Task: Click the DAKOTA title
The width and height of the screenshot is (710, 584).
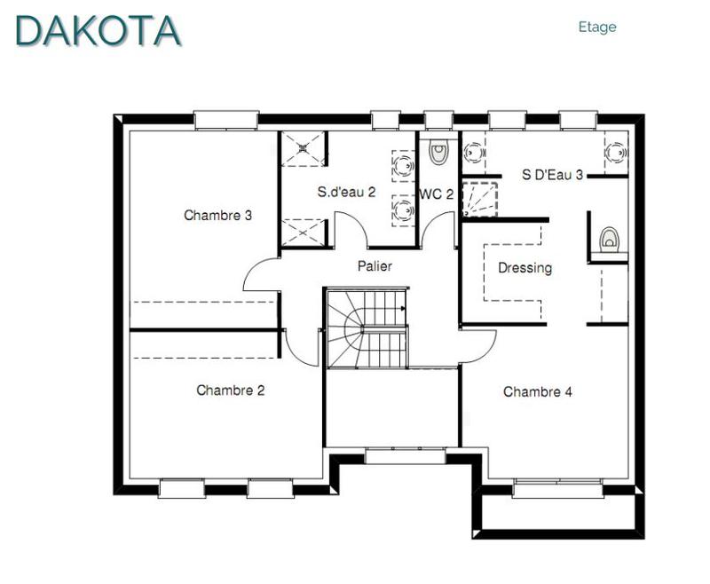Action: [x=99, y=29]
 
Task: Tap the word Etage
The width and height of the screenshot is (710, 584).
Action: [x=596, y=27]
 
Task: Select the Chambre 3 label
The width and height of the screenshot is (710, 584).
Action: [x=218, y=215]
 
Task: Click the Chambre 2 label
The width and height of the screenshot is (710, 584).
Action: [x=231, y=390]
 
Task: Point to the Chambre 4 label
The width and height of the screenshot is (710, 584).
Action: [x=532, y=391]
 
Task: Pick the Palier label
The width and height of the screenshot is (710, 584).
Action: [x=375, y=265]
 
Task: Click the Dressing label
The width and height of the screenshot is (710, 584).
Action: [x=525, y=267]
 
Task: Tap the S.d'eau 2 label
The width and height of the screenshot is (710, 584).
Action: [x=347, y=191]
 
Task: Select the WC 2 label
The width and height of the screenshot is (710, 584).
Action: [x=437, y=193]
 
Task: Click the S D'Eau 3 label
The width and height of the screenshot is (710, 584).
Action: [x=552, y=175]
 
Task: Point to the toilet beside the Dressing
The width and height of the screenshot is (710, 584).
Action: [x=609, y=240]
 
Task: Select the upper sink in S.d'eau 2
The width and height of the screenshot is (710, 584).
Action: [x=404, y=164]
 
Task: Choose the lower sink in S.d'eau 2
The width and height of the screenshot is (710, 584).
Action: [x=404, y=210]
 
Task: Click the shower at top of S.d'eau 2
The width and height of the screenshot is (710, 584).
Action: [x=304, y=148]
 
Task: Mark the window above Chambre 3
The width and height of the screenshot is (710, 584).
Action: [x=225, y=119]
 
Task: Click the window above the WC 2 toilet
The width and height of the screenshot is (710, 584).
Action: [x=438, y=119]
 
